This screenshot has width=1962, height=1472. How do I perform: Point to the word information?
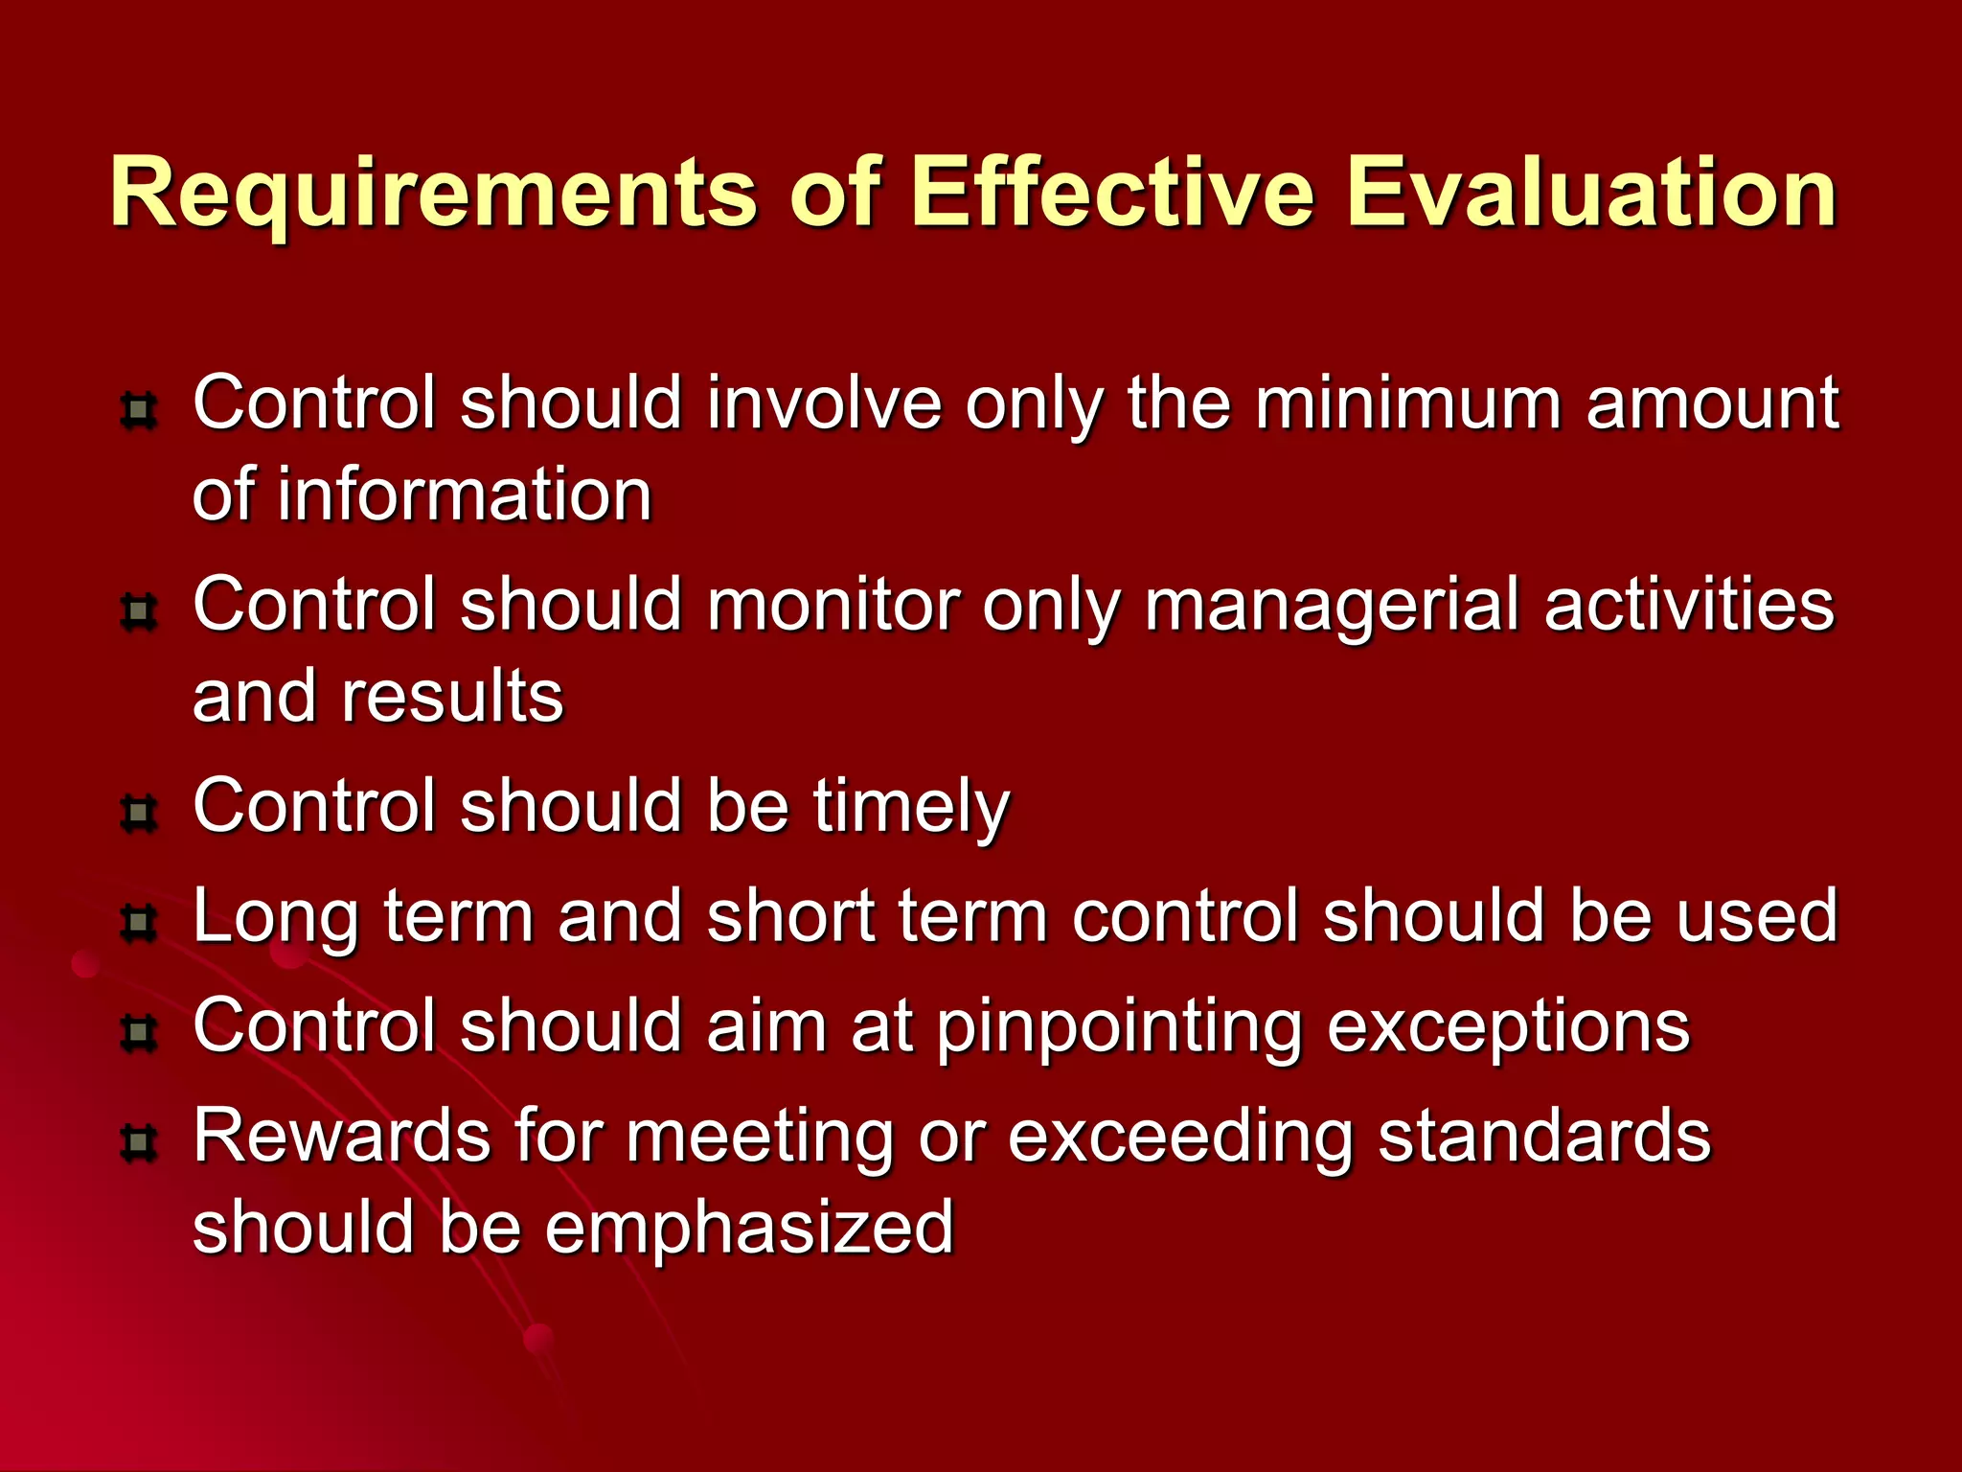click(x=465, y=494)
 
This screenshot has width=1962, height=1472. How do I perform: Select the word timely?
click(x=911, y=808)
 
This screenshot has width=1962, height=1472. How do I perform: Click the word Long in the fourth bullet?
click(x=276, y=918)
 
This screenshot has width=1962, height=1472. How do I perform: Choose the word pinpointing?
click(x=1119, y=1028)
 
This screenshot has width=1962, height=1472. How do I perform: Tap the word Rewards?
click(x=340, y=1137)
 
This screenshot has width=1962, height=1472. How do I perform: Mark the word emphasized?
click(x=749, y=1229)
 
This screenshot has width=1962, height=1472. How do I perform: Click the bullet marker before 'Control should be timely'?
click(x=139, y=814)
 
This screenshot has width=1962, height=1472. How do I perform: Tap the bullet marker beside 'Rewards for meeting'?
click(x=139, y=1143)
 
